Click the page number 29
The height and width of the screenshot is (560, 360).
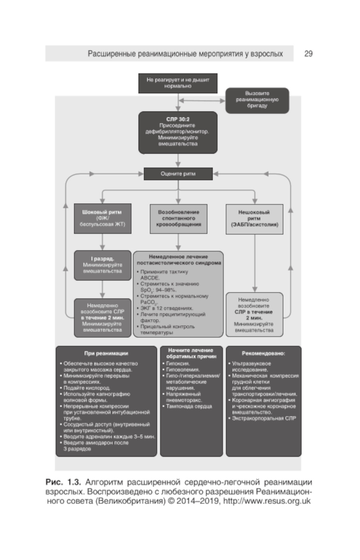(x=309, y=54)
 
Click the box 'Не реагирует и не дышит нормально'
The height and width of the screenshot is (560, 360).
(x=178, y=83)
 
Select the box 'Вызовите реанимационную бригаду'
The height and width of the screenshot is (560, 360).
(x=257, y=100)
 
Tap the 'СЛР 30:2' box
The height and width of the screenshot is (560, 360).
(x=178, y=132)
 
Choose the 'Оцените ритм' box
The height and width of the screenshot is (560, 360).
(x=178, y=174)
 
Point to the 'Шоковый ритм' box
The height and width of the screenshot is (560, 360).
(x=102, y=218)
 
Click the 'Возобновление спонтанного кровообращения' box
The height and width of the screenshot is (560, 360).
(x=179, y=218)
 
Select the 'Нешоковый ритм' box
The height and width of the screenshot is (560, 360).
(x=254, y=218)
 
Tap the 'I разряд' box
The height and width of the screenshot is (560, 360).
(x=102, y=265)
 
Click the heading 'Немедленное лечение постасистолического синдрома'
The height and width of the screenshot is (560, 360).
(x=179, y=260)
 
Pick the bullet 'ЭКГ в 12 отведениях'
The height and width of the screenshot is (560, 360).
(x=167, y=308)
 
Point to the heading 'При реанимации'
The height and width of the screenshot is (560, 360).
(x=106, y=353)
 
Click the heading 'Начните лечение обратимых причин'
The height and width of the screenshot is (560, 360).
(x=191, y=353)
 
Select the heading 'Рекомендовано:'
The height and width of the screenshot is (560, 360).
(x=264, y=353)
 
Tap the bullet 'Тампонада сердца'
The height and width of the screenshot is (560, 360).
(x=189, y=406)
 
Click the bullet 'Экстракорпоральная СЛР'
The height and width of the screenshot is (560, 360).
(x=264, y=418)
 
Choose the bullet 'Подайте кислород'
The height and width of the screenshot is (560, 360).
(x=87, y=388)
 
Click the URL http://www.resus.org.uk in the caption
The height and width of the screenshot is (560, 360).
(x=267, y=501)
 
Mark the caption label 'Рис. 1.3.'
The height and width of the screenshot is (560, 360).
(x=63, y=482)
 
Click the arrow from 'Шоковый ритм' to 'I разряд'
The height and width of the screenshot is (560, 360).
(x=102, y=242)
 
